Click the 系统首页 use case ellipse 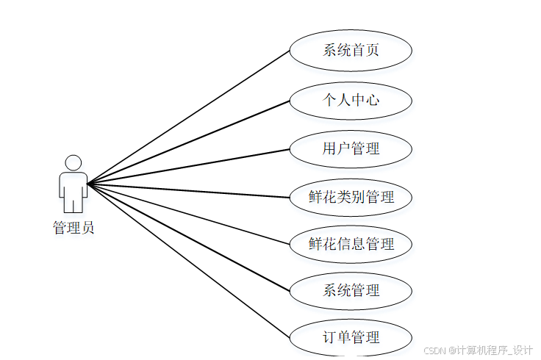351,51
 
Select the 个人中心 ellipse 351,99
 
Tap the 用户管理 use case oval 351,148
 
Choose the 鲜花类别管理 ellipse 351,197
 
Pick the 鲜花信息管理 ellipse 351,244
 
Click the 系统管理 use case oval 351,290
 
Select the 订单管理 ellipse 351,338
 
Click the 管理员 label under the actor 73,228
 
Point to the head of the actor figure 73,162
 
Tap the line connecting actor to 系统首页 189,117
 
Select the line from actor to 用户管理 189,166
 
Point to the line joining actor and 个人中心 189,141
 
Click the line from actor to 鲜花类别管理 189,190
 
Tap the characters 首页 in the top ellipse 365,51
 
